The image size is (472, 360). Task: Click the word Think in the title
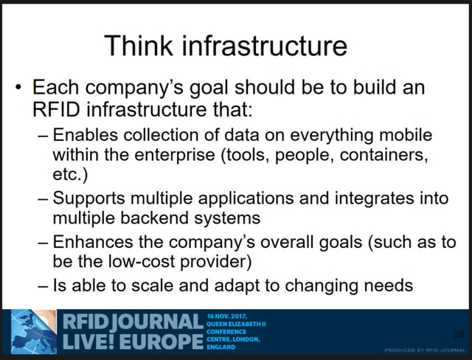(x=139, y=45)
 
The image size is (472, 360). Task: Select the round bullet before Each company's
(x=18, y=88)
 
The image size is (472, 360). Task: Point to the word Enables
(x=86, y=134)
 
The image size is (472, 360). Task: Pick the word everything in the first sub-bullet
(x=331, y=136)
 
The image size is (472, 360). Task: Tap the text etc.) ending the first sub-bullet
(x=70, y=175)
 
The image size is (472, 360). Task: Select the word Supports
(x=88, y=199)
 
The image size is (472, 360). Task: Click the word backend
(x=154, y=218)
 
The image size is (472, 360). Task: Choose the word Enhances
(x=93, y=242)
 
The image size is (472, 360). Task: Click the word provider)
(x=215, y=262)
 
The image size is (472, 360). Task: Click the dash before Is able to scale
(x=43, y=286)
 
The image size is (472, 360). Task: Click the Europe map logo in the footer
(x=34, y=331)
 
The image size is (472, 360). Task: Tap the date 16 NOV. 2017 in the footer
(x=227, y=316)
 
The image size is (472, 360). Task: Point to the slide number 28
(x=459, y=334)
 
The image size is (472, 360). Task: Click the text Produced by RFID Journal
(x=425, y=350)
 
